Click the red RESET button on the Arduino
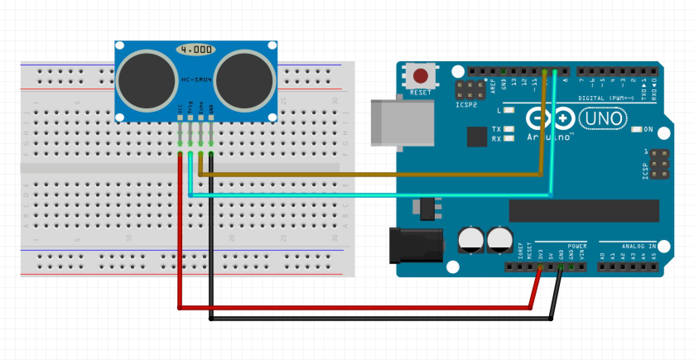point(420,76)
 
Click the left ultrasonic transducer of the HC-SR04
point(147,80)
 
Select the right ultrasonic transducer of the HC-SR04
point(244,80)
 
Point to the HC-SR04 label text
point(197,79)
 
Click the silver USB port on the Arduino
point(402,122)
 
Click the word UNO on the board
point(603,119)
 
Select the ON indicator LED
point(636,130)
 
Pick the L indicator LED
point(509,110)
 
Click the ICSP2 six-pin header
point(470,90)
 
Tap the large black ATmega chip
point(584,211)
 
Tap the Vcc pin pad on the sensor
point(180,118)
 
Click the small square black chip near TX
point(477,137)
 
